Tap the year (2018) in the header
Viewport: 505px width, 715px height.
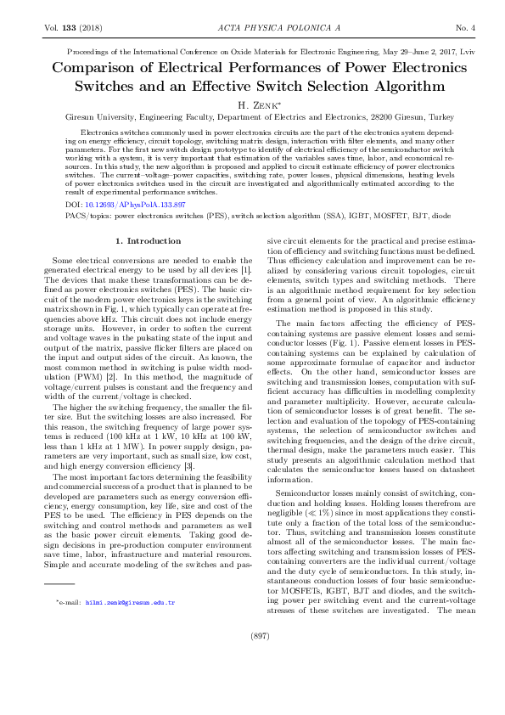(x=88, y=28)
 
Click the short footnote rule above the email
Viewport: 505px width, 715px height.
(x=59, y=585)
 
